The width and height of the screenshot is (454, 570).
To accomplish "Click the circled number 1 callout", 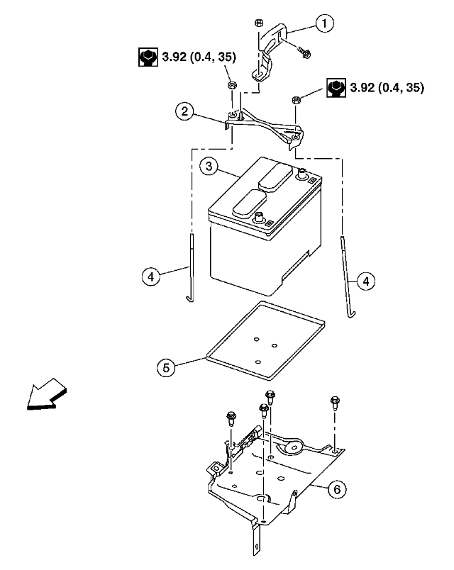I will pyautogui.click(x=325, y=25).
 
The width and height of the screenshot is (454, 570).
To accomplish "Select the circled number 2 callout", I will pyautogui.click(x=184, y=111).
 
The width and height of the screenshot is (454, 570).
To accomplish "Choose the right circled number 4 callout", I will pyautogui.click(x=366, y=281).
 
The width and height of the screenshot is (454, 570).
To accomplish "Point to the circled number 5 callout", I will pyautogui.click(x=166, y=367).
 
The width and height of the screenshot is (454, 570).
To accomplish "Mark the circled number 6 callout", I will pyautogui.click(x=338, y=488).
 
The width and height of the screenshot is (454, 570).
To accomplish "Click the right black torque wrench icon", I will pyautogui.click(x=336, y=88).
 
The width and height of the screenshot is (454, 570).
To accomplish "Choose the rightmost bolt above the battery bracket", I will pyautogui.click(x=335, y=404).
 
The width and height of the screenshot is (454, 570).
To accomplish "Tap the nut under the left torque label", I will pyautogui.click(x=231, y=85).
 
